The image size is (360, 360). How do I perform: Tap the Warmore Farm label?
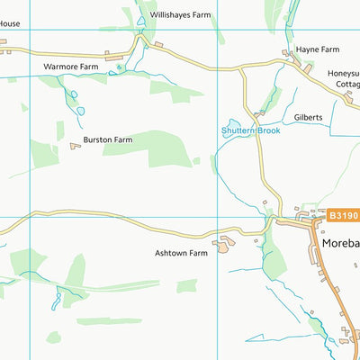coord(70,67)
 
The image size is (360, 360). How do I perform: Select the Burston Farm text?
coord(110,139)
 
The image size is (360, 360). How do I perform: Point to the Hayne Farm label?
coord(318,49)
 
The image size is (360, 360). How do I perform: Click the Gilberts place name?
coord(308,117)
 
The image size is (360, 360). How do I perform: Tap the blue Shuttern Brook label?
coord(251,131)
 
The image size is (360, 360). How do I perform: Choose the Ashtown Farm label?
coord(180,254)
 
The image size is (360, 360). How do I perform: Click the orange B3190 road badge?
coord(342,216)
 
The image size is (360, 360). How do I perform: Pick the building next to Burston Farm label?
coord(76,145)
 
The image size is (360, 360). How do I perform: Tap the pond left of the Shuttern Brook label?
coord(233,123)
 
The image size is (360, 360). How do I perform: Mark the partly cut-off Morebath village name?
coord(340,244)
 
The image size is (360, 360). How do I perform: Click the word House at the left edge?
coord(9,49)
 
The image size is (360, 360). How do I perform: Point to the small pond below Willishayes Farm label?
coord(141,21)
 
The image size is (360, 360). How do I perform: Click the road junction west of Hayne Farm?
coord(242,68)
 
